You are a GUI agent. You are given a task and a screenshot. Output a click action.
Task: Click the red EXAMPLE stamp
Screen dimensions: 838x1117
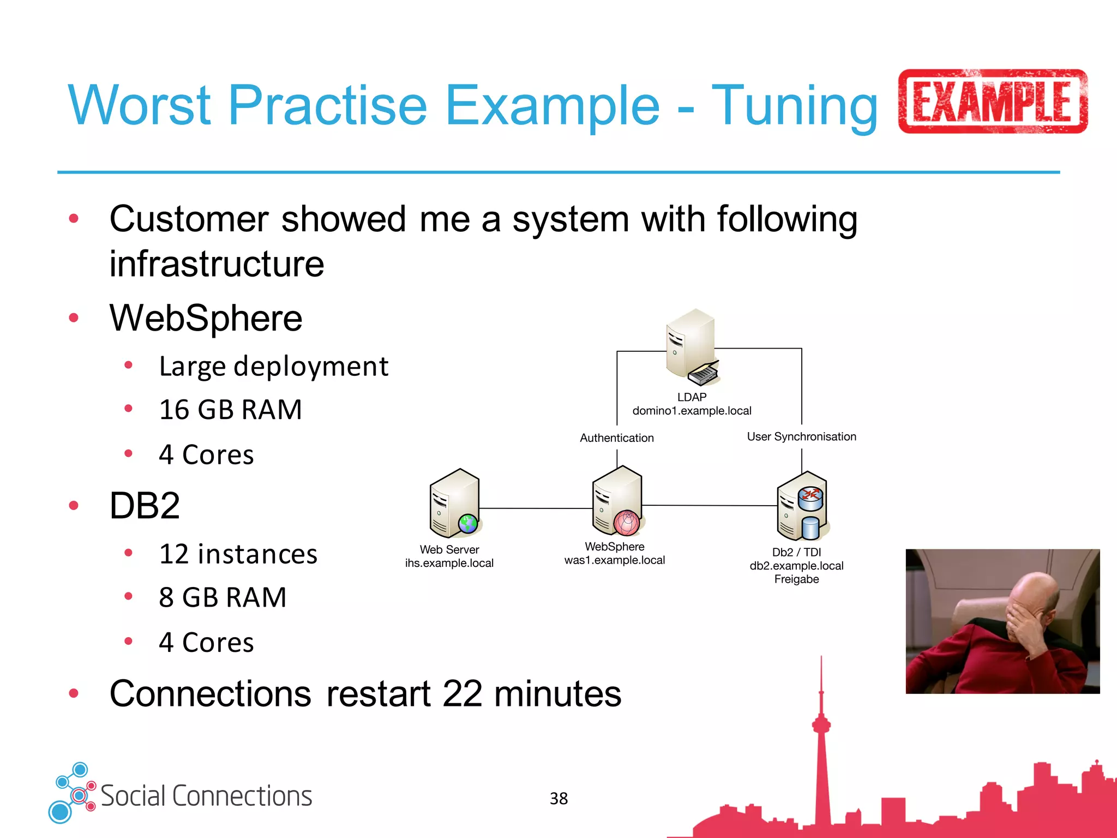tap(992, 101)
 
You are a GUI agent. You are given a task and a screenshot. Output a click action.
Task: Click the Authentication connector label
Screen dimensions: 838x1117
tap(616, 438)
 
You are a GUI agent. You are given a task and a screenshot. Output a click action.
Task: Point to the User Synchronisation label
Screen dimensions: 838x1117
tap(801, 436)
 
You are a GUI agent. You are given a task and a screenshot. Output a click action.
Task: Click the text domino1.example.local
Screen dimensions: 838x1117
tap(692, 411)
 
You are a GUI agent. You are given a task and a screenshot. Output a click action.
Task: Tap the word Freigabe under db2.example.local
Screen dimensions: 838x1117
tap(796, 579)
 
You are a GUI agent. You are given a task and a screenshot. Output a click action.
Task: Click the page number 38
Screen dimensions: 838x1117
tap(558, 799)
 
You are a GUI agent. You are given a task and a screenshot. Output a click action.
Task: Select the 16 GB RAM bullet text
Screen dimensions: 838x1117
tap(230, 410)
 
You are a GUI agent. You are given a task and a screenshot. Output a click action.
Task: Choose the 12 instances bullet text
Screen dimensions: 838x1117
tap(238, 554)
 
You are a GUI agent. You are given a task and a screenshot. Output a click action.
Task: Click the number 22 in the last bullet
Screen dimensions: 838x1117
tap(462, 694)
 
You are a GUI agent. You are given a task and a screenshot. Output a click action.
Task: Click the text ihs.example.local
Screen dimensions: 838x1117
tap(449, 563)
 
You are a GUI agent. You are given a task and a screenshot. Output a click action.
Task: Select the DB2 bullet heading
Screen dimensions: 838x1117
tap(145, 506)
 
